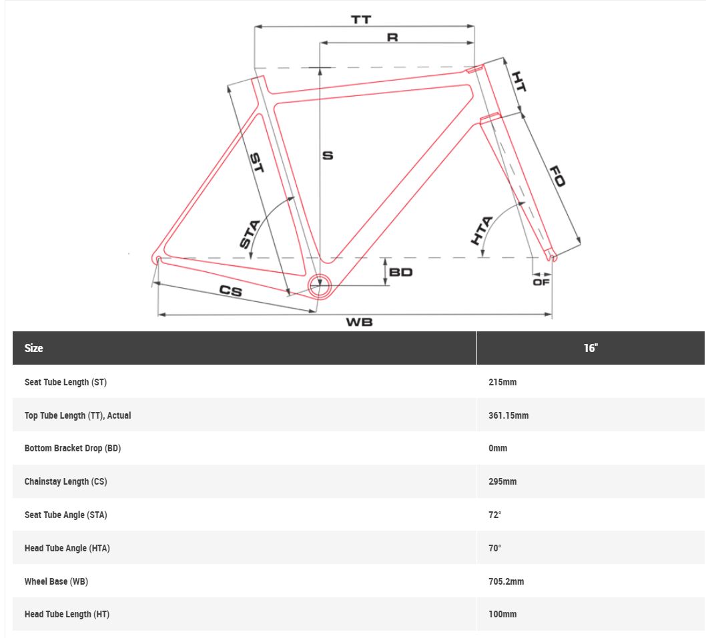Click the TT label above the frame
coord(361,19)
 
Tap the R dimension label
coord(392,37)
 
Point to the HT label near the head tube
coord(519,81)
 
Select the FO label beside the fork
coord(557,176)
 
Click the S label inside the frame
coord(328,155)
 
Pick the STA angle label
coord(250,234)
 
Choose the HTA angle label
coord(482,231)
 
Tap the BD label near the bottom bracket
coord(401,272)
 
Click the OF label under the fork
coord(541,282)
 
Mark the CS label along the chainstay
coord(231,291)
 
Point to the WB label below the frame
coord(359,322)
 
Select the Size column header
coord(34,348)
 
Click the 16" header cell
coord(591,348)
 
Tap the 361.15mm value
coord(508,415)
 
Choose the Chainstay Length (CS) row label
coord(66,481)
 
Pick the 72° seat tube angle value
coord(495,515)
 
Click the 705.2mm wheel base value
coord(506,581)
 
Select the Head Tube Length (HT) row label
coord(67,614)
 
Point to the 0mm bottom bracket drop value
coord(498,448)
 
